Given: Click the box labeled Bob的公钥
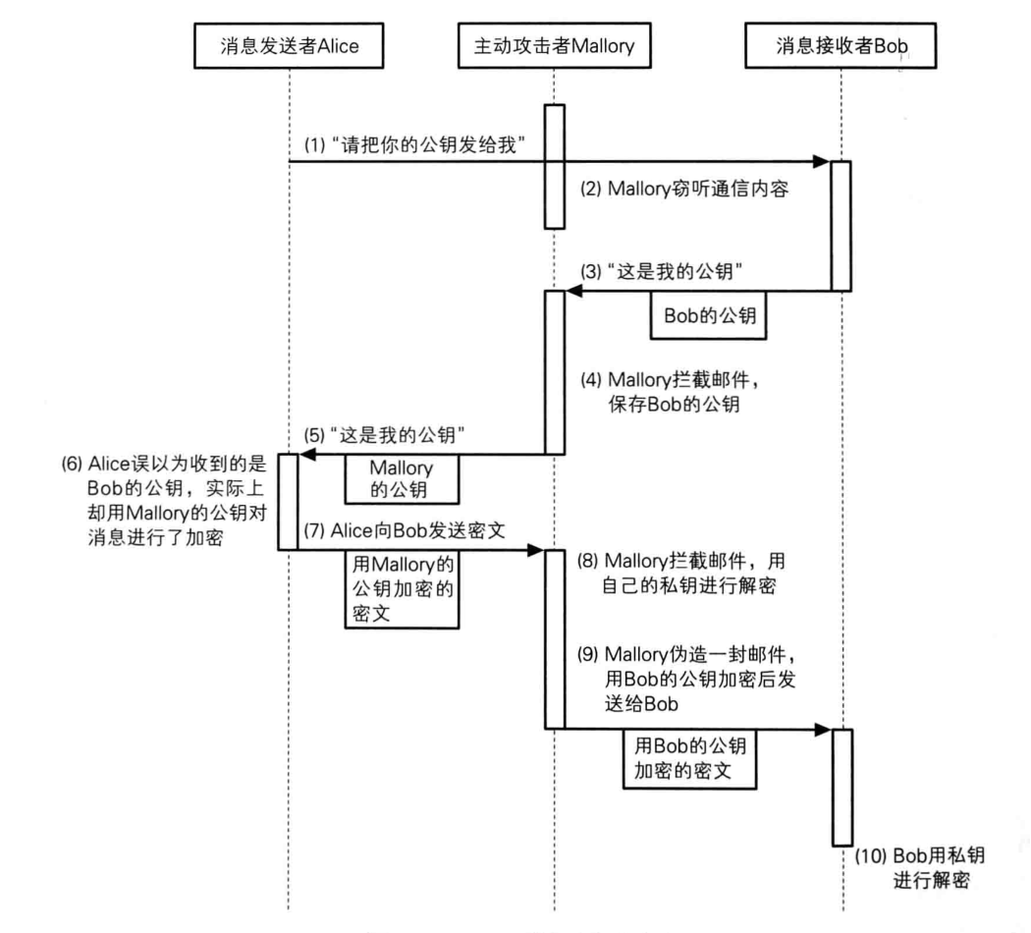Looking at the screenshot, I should (x=710, y=318).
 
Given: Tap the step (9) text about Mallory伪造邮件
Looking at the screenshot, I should (x=692, y=679).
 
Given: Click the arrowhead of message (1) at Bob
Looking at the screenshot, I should (x=824, y=160).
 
